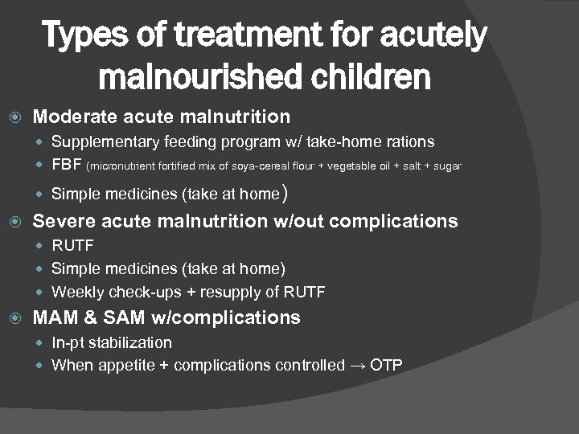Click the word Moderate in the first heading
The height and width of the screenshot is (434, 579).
(x=76, y=117)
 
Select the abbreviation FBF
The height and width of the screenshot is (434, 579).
(x=67, y=166)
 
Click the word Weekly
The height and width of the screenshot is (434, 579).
(x=76, y=292)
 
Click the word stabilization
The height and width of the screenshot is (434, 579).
(x=129, y=343)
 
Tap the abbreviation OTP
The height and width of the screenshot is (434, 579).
(x=385, y=366)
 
